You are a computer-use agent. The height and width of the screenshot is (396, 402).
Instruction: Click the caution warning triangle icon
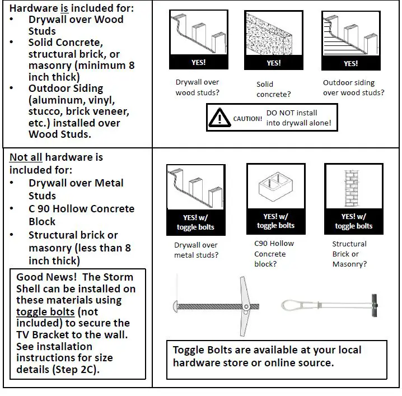point(219,118)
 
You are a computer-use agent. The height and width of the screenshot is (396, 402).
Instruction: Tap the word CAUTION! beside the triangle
point(247,119)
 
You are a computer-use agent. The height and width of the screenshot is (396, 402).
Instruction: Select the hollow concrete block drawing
point(275,187)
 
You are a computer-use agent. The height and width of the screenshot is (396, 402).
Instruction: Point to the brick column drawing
point(352,188)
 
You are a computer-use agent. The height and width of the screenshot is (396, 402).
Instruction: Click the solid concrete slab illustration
point(269,34)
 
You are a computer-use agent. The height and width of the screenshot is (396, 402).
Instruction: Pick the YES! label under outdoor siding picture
point(350,64)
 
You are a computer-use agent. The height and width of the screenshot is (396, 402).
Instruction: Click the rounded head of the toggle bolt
point(175,306)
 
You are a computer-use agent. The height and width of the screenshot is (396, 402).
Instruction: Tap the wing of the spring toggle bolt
point(244,306)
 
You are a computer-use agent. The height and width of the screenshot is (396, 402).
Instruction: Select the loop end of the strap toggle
point(290,305)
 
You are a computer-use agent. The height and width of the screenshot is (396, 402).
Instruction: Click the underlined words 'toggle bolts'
point(45,311)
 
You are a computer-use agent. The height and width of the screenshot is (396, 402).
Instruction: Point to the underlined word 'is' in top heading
point(64,8)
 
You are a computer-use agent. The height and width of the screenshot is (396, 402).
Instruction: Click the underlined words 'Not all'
point(26,157)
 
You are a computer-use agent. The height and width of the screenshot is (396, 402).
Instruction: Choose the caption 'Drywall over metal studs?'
point(196,250)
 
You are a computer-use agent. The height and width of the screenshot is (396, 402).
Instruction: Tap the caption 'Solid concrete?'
point(274,89)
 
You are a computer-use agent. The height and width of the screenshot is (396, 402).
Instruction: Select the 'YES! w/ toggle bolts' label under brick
point(353,221)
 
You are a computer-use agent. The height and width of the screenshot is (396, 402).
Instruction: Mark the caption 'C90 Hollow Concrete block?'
point(274,254)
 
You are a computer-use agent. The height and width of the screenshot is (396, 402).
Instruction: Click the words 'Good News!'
point(46,277)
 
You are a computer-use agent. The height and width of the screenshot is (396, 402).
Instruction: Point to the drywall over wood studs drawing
point(198,34)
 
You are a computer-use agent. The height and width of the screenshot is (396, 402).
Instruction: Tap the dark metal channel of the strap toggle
point(375,305)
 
